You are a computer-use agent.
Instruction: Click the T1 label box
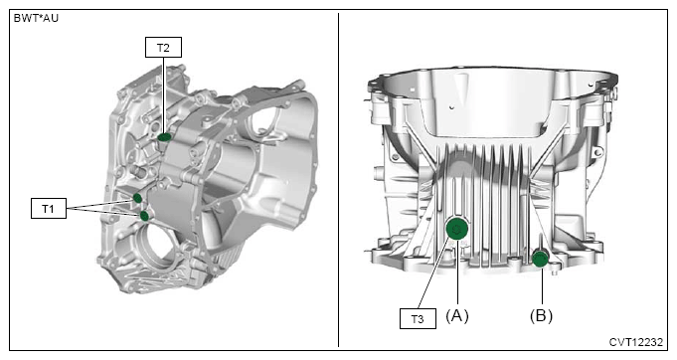49,209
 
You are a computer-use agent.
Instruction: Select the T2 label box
163,48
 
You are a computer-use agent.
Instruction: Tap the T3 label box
418,319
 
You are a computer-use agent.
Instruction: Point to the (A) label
457,316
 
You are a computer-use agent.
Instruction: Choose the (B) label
541,316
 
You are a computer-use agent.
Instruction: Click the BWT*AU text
36,19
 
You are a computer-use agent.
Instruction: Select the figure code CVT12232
636,342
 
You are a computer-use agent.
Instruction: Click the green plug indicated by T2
164,137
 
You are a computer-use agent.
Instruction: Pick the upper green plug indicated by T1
137,198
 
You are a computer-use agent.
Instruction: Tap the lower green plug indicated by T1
145,216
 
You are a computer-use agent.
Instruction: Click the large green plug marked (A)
457,229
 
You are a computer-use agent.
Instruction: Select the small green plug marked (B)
540,259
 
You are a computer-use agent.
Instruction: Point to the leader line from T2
163,95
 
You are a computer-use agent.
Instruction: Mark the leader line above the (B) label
542,284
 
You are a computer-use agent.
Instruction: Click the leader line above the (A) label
457,271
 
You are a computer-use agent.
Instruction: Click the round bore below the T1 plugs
155,244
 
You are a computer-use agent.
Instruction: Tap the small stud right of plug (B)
555,271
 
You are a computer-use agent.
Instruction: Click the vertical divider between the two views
338,180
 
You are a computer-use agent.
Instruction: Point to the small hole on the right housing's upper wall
451,107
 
